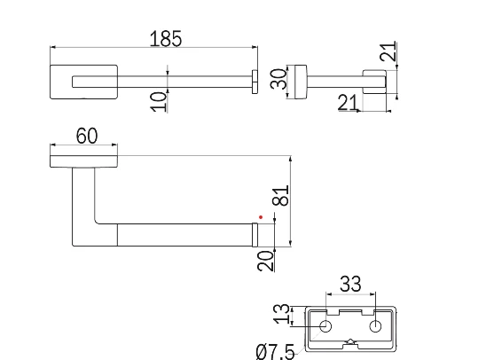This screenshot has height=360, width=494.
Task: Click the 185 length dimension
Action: pos(166,38)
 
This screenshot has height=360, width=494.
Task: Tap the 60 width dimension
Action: pos(87,136)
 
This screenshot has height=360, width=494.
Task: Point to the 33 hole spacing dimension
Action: pos(350,284)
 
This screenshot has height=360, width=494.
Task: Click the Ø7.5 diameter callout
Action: pos(275,352)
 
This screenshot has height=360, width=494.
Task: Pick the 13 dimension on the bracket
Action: pos(282,314)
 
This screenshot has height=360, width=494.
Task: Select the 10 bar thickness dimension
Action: pos(159,102)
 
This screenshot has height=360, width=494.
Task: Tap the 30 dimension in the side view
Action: pos(278,79)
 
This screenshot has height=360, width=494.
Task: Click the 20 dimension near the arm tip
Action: pos(265,261)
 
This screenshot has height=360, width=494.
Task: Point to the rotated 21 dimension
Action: pos(388,51)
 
